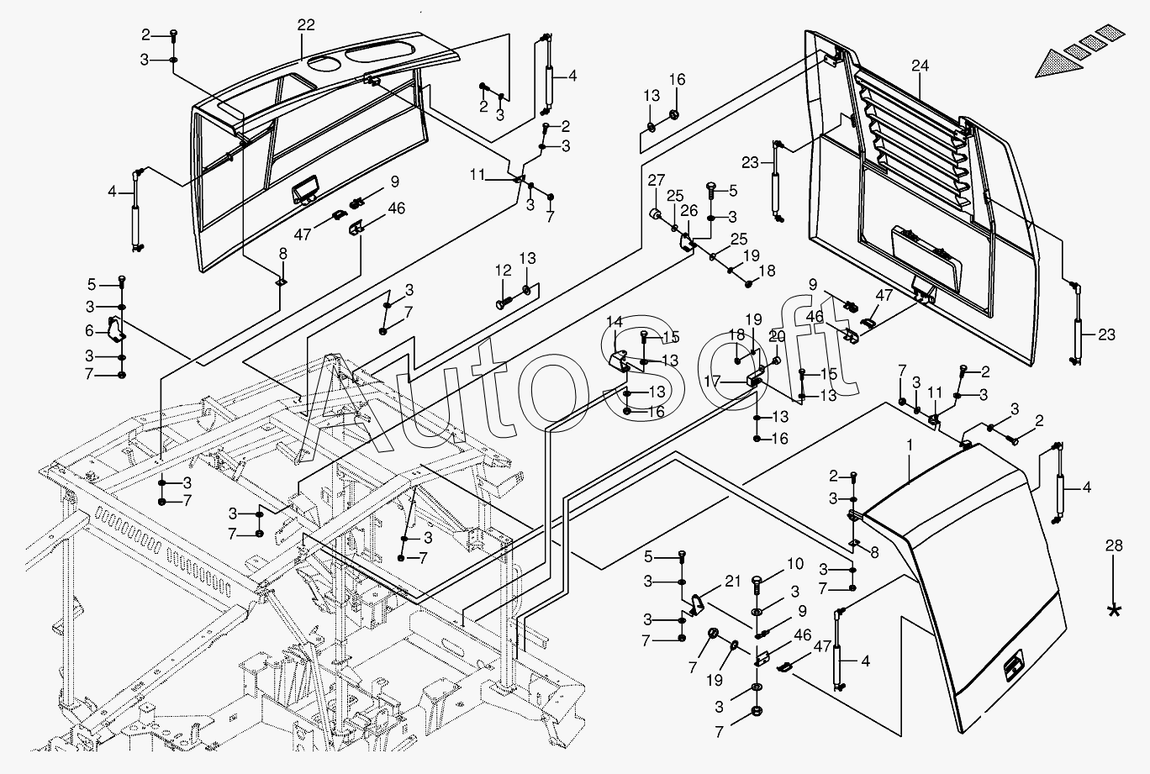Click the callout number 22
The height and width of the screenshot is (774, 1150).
click(305, 25)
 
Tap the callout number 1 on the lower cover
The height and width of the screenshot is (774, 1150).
click(909, 443)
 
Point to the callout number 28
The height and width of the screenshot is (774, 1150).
click(1114, 546)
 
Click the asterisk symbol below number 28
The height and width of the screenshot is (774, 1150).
click(1115, 611)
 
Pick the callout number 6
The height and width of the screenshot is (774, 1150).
click(89, 331)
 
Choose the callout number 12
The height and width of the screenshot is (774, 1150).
click(503, 270)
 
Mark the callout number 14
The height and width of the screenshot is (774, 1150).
click(615, 321)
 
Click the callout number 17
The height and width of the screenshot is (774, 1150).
click(713, 381)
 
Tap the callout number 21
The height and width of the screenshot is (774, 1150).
click(733, 582)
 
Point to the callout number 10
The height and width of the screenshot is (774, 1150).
click(795, 564)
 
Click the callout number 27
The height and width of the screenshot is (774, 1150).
click(656, 179)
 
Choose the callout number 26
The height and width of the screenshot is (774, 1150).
click(690, 210)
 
